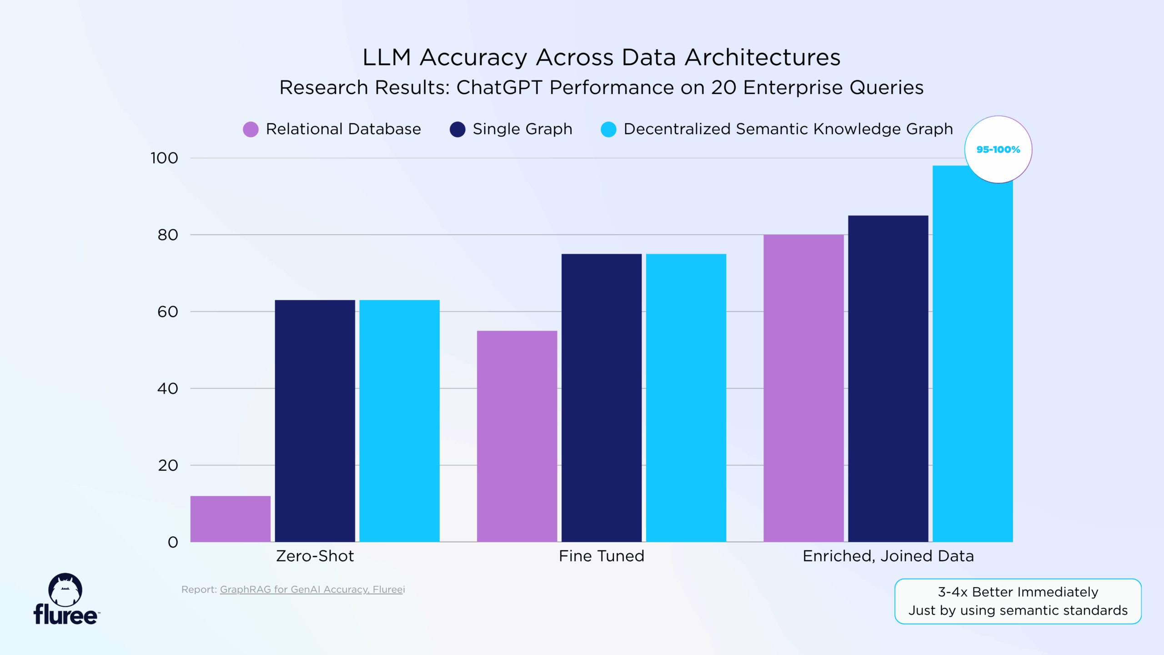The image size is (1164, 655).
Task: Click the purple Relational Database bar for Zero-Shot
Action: (230, 519)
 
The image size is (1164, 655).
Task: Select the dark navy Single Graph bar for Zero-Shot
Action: (315, 421)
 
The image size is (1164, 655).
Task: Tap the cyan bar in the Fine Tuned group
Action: (686, 398)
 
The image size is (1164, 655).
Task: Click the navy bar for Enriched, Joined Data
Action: (888, 378)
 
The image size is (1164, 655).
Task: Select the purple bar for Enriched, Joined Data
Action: (803, 388)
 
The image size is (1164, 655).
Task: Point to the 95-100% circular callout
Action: (998, 149)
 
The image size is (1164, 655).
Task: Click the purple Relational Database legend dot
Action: (251, 129)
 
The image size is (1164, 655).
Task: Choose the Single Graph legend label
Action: (522, 129)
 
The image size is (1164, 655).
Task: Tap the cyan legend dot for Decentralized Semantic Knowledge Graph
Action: (608, 129)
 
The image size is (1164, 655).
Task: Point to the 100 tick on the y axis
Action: (164, 158)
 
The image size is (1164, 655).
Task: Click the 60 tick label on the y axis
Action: (167, 312)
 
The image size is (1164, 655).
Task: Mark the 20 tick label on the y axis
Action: (167, 465)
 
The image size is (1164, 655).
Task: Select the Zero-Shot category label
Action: (315, 556)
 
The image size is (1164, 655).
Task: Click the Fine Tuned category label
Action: (601, 556)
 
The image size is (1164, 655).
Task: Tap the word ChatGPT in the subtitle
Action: (499, 87)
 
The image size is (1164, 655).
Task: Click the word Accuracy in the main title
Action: (473, 58)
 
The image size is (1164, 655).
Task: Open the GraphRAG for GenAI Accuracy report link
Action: (312, 589)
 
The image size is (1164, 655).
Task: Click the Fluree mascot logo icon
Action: (65, 589)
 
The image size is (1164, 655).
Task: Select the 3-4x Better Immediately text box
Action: (1018, 601)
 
